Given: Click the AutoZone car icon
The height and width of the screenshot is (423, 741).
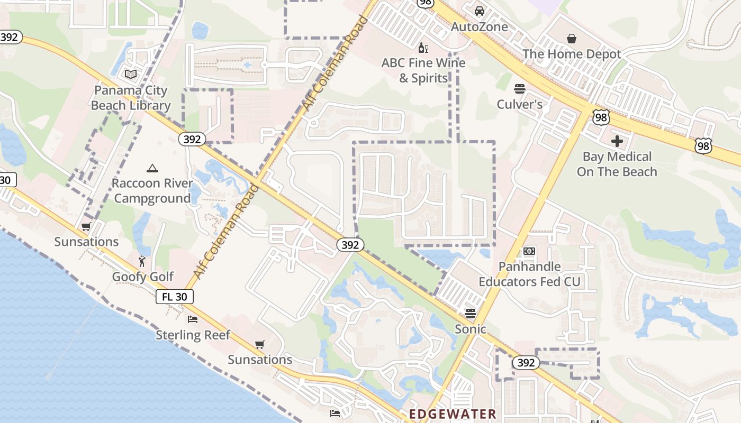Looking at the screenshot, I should [x=479, y=11].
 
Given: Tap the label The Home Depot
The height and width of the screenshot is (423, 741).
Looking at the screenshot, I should [x=572, y=54].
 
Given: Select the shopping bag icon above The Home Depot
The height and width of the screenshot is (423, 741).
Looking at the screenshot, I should [x=572, y=39].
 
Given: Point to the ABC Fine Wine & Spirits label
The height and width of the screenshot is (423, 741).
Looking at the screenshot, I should [x=423, y=70].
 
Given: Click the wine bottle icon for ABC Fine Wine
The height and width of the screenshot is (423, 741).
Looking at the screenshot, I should [x=423, y=48].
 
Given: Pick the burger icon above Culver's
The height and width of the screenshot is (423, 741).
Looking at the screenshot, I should [x=520, y=88].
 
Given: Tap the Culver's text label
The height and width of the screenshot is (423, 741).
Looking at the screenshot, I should [x=520, y=104].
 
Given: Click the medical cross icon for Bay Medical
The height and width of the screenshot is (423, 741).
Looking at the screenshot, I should [x=617, y=141].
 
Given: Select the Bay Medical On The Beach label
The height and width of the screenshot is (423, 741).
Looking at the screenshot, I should [x=617, y=164].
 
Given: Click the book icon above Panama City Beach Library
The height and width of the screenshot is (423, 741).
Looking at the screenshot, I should [x=131, y=75].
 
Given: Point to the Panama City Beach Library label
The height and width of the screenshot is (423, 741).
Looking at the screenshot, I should [x=131, y=98].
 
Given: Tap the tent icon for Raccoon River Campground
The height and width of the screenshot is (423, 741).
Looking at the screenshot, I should [x=152, y=169].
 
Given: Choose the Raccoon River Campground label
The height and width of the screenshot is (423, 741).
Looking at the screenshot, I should [x=152, y=191].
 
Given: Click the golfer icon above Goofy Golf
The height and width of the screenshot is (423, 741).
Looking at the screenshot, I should [x=142, y=261].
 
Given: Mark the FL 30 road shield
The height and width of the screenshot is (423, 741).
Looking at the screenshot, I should [x=174, y=297].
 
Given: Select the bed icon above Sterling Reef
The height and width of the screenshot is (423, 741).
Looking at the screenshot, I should [x=193, y=319].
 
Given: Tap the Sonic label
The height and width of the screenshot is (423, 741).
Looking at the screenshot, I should [x=471, y=329].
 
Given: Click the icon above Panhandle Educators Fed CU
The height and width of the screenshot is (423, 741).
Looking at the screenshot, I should [x=529, y=251].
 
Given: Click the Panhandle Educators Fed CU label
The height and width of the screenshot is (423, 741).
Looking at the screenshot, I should [x=529, y=274].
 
